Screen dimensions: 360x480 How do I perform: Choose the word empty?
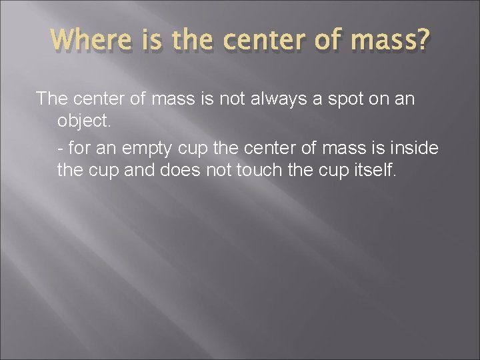(144, 148)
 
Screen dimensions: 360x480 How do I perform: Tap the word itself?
(375, 171)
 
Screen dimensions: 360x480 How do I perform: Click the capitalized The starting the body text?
(51, 100)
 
